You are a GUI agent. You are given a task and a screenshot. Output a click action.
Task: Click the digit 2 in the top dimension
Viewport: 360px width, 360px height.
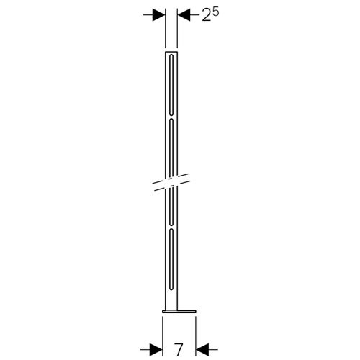[x=207, y=17]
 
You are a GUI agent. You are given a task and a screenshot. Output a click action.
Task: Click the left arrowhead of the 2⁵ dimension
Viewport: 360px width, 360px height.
[x=160, y=14]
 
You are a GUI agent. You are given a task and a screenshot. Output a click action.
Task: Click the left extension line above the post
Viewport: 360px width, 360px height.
[x=166, y=29]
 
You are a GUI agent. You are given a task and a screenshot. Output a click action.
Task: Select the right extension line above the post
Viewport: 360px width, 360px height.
[x=177, y=29]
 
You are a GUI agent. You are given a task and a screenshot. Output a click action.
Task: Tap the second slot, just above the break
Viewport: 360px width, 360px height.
[x=172, y=148]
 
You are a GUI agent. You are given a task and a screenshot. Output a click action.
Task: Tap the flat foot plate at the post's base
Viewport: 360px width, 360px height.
[x=179, y=312]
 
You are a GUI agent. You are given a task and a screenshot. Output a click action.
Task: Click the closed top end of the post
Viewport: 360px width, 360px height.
[x=172, y=51]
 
